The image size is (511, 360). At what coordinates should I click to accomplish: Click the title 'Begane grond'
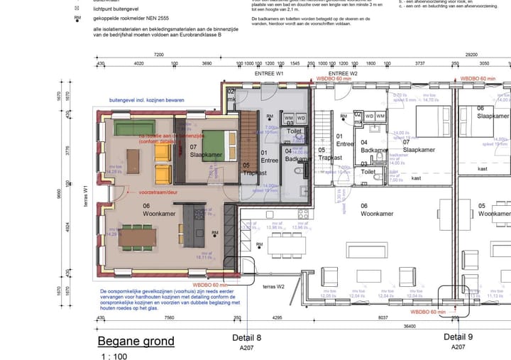pyautogui.click(x=136, y=342)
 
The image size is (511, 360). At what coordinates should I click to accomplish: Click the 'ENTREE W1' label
pyautogui.click(x=269, y=73)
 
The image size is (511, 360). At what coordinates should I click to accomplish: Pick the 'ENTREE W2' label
pyautogui.click(x=343, y=73)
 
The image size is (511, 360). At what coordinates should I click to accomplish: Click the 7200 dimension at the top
pyautogui.click(x=158, y=54)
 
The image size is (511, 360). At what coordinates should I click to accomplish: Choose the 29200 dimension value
pyautogui.click(x=470, y=54)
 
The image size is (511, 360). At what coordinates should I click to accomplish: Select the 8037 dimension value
pyautogui.click(x=383, y=318)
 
